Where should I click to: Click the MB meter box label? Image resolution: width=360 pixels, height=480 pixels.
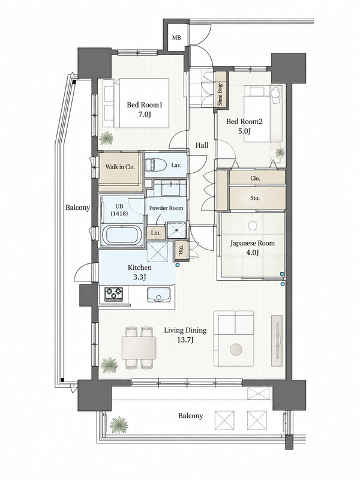[176, 38]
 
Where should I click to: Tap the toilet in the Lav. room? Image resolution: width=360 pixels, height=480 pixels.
[154, 165]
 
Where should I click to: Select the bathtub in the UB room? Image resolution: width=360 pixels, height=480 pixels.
[121, 235]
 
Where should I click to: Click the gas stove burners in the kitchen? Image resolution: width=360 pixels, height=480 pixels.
[114, 294]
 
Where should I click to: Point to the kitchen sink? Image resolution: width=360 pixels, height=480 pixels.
[158, 295]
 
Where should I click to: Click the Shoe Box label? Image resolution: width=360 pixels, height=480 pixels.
[220, 94]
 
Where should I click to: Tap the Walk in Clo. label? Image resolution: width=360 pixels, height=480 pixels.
[120, 167]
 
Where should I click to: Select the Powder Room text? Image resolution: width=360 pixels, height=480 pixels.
[166, 208]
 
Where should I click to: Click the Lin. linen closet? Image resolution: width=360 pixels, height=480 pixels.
[156, 233]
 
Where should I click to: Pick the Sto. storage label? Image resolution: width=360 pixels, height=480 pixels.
[255, 198]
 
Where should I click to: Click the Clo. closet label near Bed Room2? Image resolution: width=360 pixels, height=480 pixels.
[255, 178]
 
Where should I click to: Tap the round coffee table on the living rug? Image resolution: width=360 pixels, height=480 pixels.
[236, 350]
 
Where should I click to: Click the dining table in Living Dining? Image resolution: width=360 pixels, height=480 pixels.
[139, 348]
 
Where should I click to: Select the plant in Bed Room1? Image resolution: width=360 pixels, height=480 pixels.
[107, 139]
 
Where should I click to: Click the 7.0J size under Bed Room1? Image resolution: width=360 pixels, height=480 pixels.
[144, 115]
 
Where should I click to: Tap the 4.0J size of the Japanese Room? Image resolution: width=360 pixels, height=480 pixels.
[253, 253]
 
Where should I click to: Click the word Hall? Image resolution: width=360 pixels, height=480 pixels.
[202, 145]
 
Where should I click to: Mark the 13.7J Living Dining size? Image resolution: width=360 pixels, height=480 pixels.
[185, 340]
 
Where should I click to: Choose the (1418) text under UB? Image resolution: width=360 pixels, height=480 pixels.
[119, 214]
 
